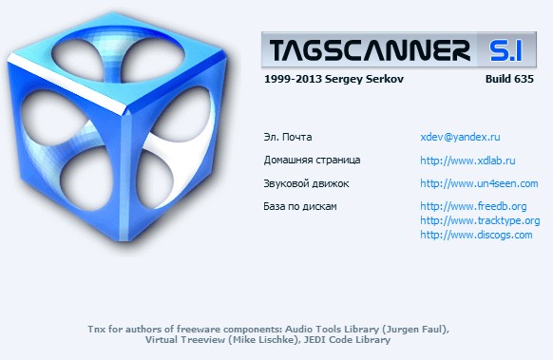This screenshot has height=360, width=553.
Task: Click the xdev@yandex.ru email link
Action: pyautogui.click(x=460, y=137)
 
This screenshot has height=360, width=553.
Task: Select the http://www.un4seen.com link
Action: pyautogui.click(x=479, y=183)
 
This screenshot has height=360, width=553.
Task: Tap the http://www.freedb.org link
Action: pyautogui.click(x=473, y=206)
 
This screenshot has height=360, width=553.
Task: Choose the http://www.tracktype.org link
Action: pyautogui.click(x=480, y=220)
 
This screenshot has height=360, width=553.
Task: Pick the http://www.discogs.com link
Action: pyautogui.click(x=476, y=235)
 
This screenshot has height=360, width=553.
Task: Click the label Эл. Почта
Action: pyautogui.click(x=288, y=137)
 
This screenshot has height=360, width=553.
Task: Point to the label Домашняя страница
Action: pyautogui.click(x=313, y=161)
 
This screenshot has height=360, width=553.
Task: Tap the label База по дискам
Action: pyautogui.click(x=300, y=206)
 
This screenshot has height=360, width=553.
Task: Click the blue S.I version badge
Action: pyautogui.click(x=511, y=47)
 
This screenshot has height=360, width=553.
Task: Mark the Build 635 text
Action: pyautogui.click(x=509, y=80)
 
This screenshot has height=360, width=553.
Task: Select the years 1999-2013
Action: pyautogui.click(x=289, y=80)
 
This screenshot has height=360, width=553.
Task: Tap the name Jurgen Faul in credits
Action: pyautogui.click(x=414, y=329)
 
